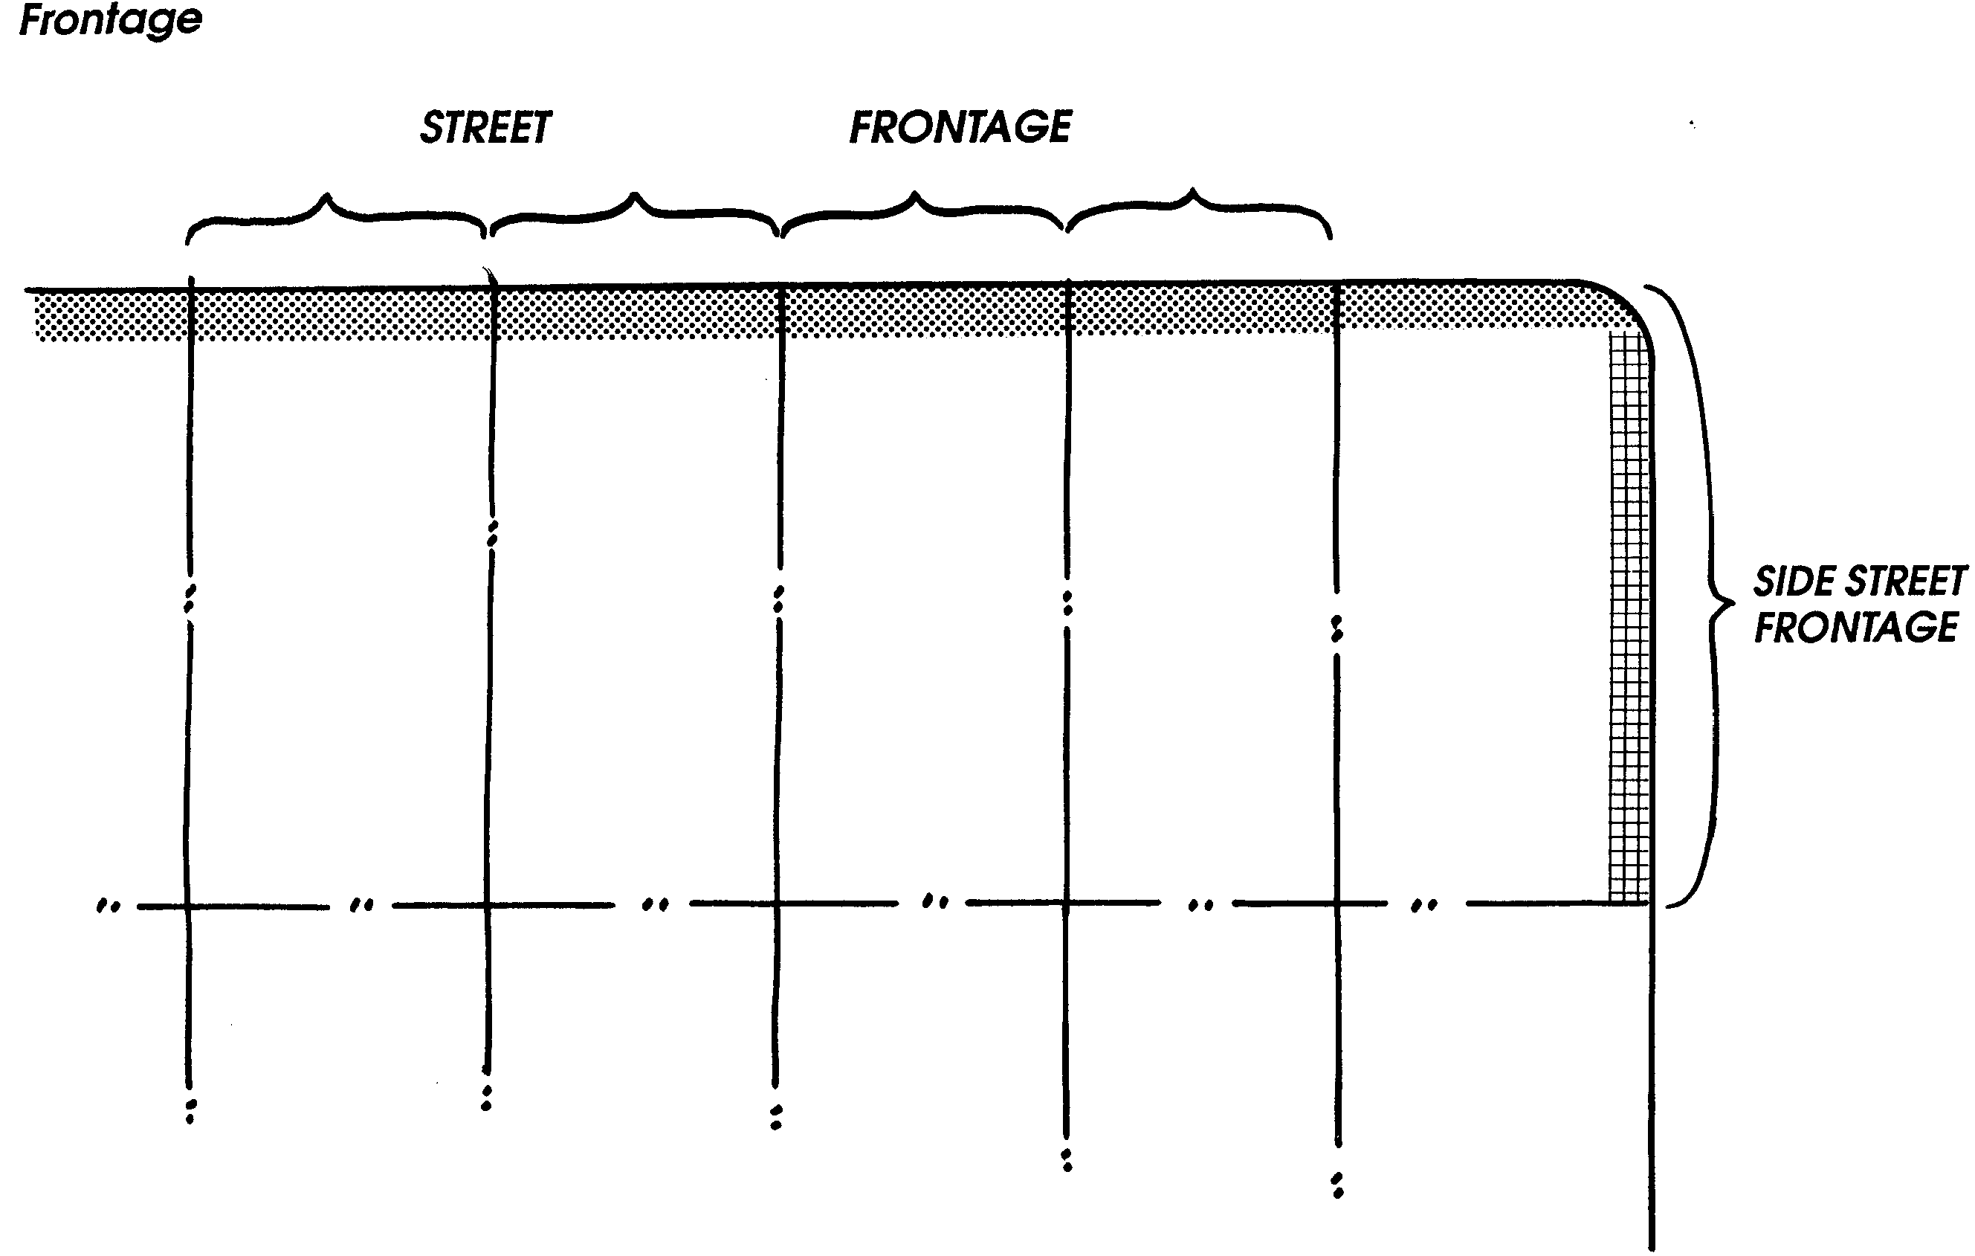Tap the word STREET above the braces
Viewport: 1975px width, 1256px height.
[x=485, y=128]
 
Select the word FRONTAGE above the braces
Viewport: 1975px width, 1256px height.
[x=960, y=127]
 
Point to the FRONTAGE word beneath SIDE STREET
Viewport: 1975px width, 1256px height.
[x=1856, y=628]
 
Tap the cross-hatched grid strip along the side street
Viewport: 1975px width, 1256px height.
[x=1629, y=615]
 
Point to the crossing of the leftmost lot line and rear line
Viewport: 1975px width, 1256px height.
[x=188, y=906]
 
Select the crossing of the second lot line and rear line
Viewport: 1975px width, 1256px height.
[x=487, y=906]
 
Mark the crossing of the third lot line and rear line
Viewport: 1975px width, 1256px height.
[x=777, y=904]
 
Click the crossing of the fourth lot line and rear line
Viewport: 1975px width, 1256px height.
[x=1065, y=904]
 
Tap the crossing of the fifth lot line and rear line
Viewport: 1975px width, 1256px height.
[x=1337, y=904]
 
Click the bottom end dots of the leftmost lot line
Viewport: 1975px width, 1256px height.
[x=190, y=1112]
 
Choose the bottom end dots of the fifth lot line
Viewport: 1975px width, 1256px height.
[x=1338, y=1185]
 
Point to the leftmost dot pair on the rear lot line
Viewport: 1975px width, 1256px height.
[x=109, y=906]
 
